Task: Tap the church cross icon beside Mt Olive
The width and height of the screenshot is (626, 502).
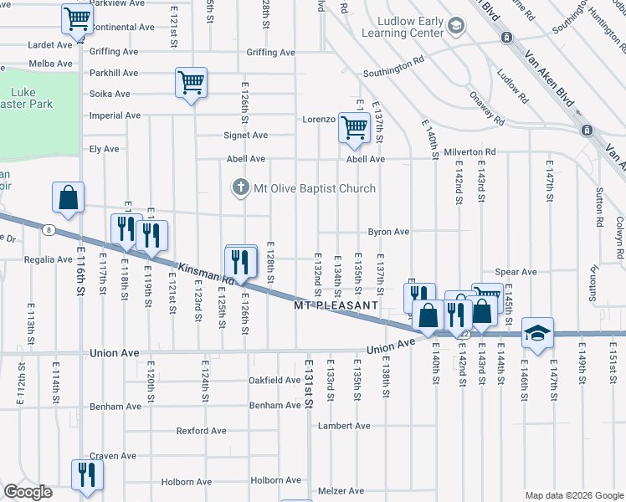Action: pos(241,187)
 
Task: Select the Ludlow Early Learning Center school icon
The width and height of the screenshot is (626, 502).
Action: pos(455,27)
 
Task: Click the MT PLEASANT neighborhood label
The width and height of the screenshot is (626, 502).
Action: pos(336,306)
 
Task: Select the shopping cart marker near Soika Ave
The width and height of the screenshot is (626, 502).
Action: pos(192,82)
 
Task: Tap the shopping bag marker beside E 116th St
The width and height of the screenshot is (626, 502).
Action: pos(69,198)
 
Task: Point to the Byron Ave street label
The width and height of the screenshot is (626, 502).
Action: pos(388,232)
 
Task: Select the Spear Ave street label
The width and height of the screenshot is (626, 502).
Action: pos(516,272)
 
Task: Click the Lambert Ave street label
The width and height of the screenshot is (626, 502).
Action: pos(343,426)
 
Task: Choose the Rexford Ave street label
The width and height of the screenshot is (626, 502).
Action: pos(201,431)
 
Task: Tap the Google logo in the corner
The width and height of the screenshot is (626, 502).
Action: pos(28,492)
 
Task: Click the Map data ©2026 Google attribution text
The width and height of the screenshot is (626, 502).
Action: pos(572,494)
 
